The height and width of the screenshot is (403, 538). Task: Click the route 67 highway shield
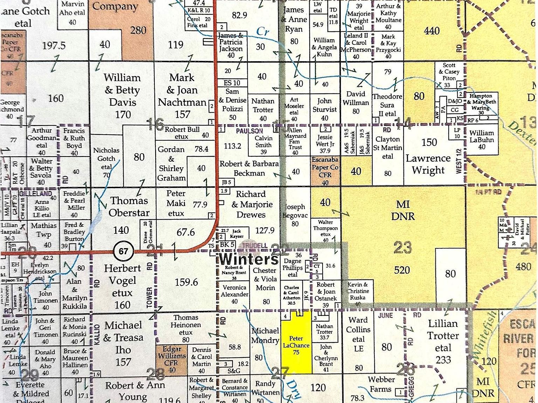point(123,251)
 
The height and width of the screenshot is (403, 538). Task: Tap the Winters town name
point(249,260)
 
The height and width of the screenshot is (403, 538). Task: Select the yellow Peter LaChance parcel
point(296,345)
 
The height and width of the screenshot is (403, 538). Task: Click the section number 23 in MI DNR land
point(402,248)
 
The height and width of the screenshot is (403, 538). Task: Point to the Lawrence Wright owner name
point(428,164)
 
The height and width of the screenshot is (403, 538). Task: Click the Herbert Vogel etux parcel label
point(122,286)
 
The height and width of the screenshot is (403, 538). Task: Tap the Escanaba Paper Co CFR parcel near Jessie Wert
point(325,171)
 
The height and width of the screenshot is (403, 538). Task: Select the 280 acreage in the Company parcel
point(138,30)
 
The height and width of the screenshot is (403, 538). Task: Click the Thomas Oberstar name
point(129,206)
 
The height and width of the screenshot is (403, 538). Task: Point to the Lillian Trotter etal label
point(443,341)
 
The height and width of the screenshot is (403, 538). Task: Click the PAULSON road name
point(249,131)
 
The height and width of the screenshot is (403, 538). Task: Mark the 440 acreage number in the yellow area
point(432,31)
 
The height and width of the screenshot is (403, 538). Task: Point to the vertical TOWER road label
point(150,298)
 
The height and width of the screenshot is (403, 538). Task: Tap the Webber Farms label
point(381,384)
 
